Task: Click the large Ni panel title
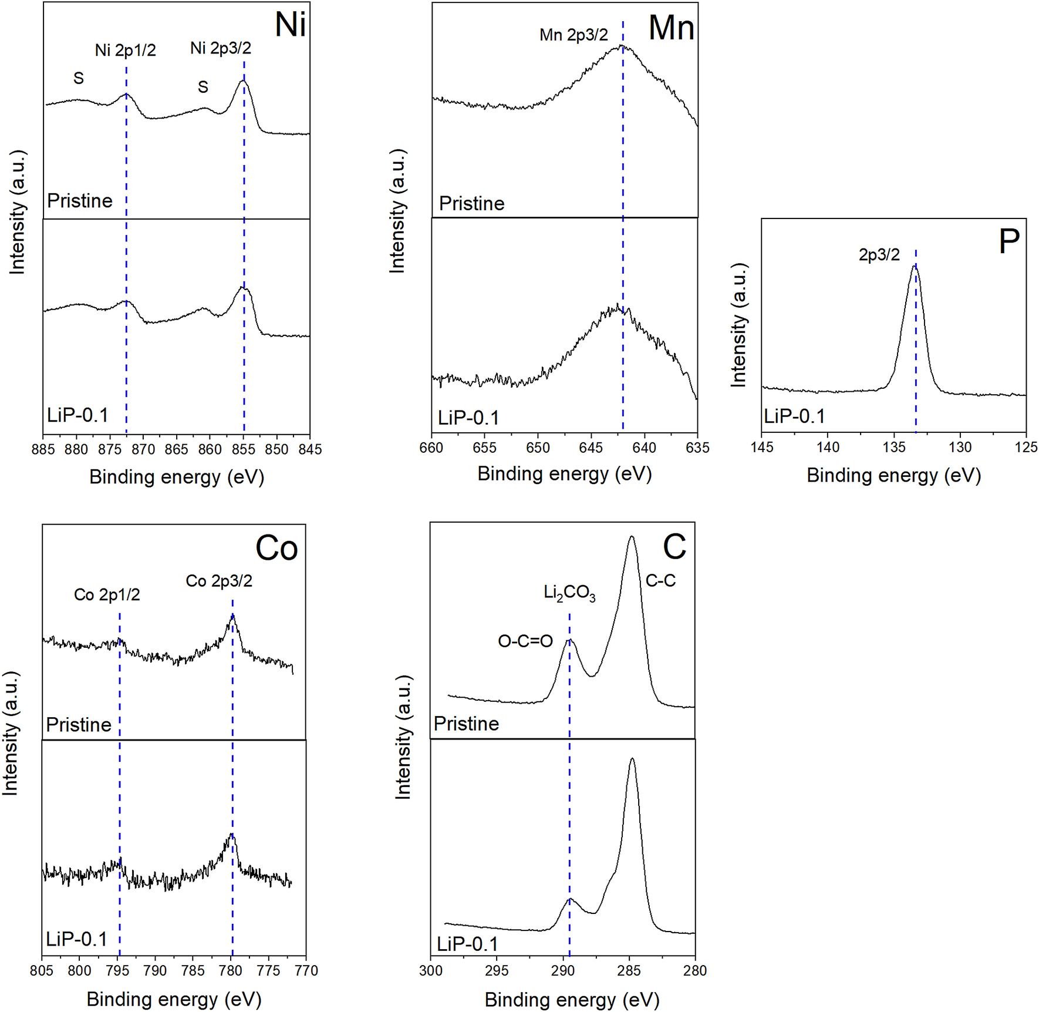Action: tap(291, 25)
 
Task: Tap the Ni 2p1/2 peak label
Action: tap(126, 51)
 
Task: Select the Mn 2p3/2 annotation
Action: tap(574, 35)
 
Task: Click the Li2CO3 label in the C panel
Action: tap(569, 593)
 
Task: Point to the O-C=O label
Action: tap(525, 641)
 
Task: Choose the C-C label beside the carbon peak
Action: tap(660, 581)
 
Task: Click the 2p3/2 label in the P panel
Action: tap(879, 255)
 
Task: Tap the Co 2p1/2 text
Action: tap(107, 595)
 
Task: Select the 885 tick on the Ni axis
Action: tap(43, 449)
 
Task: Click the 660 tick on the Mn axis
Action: tap(432, 448)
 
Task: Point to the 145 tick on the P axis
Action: tap(762, 448)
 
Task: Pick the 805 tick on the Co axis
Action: tap(42, 971)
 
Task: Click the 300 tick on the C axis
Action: tap(431, 971)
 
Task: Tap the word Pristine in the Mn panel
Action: tap(471, 204)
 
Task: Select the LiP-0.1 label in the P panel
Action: tap(794, 416)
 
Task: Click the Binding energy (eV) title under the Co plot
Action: tap(174, 999)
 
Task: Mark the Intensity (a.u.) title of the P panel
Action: tap(738, 325)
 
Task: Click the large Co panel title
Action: tap(276, 549)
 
